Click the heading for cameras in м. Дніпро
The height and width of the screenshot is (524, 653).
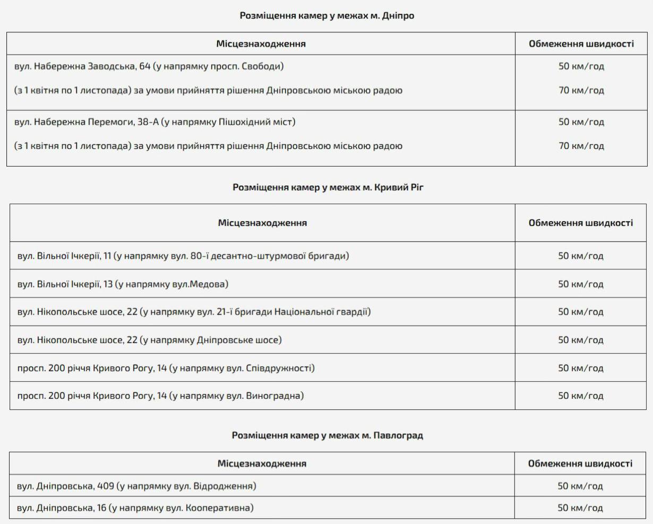(x=326, y=16)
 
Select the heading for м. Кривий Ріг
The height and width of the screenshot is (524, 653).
(x=328, y=187)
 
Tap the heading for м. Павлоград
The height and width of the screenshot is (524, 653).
(x=327, y=435)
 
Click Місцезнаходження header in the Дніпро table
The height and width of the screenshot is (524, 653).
(x=261, y=43)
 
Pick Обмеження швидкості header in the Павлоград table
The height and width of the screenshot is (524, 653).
(x=580, y=464)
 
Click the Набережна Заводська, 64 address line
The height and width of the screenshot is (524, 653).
(x=149, y=66)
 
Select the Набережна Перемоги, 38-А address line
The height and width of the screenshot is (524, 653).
(x=154, y=122)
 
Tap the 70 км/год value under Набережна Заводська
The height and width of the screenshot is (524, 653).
(x=581, y=90)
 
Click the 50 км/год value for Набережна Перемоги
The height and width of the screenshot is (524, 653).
(x=581, y=122)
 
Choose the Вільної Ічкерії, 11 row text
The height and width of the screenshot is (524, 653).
(x=183, y=256)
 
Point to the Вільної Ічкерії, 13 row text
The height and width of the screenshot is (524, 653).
(x=123, y=284)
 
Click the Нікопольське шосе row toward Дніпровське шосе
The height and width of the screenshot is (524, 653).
(x=149, y=340)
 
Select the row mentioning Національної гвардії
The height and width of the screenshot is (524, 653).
(x=194, y=312)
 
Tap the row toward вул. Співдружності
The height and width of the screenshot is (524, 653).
(x=166, y=368)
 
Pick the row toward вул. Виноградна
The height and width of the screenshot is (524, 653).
(x=160, y=396)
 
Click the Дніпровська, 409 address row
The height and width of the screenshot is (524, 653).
(x=136, y=486)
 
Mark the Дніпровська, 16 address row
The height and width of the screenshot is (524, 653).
(x=135, y=508)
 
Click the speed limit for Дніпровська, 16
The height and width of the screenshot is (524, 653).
(x=580, y=508)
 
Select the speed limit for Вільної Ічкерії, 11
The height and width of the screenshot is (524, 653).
(x=580, y=256)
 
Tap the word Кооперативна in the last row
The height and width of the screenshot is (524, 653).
(x=219, y=508)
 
